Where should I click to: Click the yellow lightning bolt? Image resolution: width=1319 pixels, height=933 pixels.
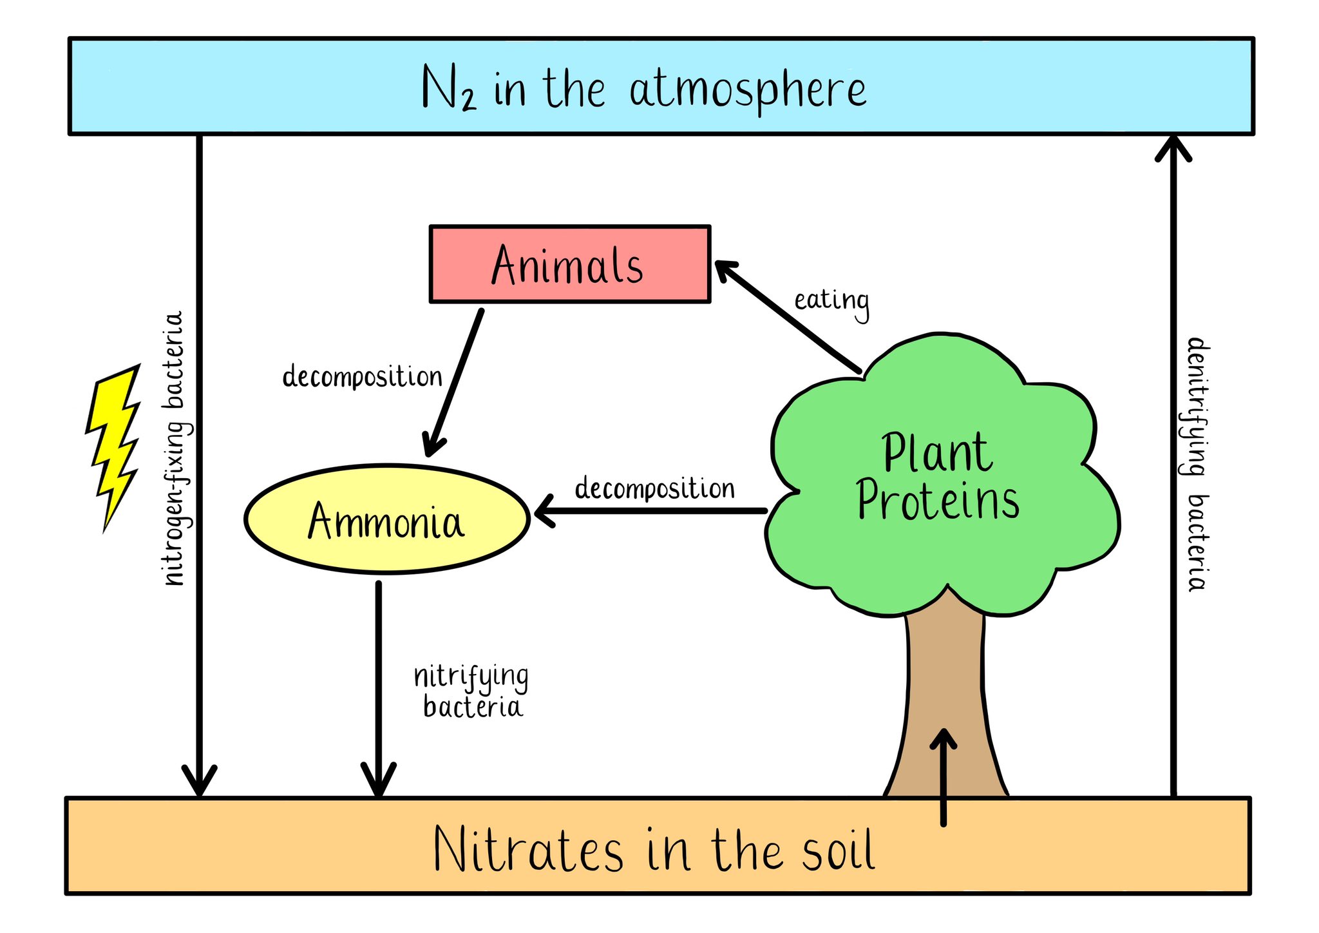[x=115, y=445]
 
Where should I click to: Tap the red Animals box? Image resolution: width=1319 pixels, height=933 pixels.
[x=569, y=264]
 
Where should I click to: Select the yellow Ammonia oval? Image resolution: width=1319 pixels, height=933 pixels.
[x=386, y=519]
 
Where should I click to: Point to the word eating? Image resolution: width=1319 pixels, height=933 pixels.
[x=831, y=301]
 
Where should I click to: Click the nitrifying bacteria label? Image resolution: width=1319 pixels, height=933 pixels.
[x=471, y=692]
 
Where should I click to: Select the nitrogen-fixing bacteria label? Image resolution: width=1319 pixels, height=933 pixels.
[x=175, y=448]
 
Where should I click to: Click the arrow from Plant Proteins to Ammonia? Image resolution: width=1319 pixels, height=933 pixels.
[x=650, y=512]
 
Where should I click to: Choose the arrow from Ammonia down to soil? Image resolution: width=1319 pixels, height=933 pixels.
[x=379, y=689]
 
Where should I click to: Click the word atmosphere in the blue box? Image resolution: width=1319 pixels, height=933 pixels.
[x=748, y=90]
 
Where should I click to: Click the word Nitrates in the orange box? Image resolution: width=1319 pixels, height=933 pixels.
[x=528, y=849]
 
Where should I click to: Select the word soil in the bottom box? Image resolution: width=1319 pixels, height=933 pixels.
[x=838, y=849]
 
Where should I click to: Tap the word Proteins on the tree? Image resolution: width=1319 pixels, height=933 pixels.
[x=938, y=501]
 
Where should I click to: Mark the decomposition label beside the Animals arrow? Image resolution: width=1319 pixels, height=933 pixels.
[x=362, y=377]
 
